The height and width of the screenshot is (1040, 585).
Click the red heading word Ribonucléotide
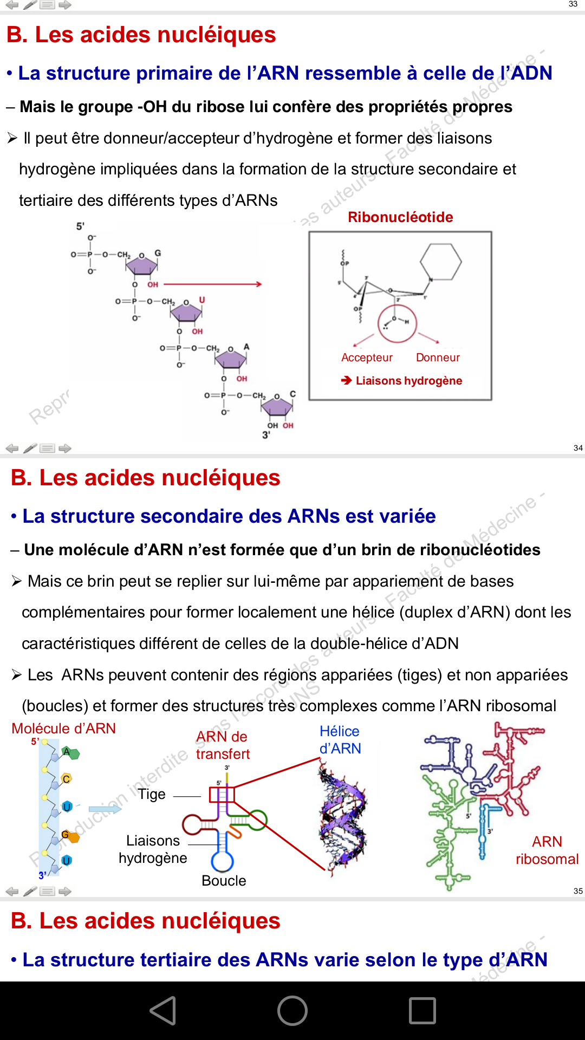[x=400, y=217]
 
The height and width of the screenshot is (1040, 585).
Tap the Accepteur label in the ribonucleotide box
[x=367, y=357]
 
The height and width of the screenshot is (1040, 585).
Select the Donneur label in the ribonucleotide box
[x=438, y=357]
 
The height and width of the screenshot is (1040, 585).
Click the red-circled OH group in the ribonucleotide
[x=398, y=323]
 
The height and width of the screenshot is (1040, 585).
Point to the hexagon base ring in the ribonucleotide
[x=441, y=262]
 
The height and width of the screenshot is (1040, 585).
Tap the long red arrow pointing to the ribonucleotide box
[x=212, y=284]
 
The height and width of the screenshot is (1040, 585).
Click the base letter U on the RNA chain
[x=202, y=300]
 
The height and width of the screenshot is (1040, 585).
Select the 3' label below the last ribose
[x=266, y=434]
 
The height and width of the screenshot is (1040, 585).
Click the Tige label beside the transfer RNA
[x=152, y=795]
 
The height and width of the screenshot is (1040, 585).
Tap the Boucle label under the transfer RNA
[x=224, y=881]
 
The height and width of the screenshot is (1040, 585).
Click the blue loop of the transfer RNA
[x=222, y=861]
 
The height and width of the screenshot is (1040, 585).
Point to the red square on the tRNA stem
[x=222, y=795]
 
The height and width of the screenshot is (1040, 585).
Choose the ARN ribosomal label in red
[x=547, y=850]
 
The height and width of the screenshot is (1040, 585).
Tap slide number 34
[x=578, y=448]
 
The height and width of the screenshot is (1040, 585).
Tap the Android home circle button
[x=292, y=1011]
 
